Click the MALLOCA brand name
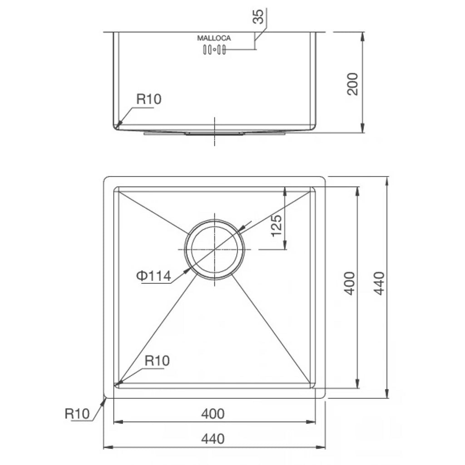pyautogui.click(x=214, y=38)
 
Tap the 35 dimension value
pyautogui.click(x=258, y=17)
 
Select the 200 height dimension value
pyautogui.click(x=352, y=84)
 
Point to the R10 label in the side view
pyautogui.click(x=149, y=99)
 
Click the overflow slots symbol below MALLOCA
pyautogui.click(x=214, y=49)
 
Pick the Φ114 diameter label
pyautogui.click(x=153, y=276)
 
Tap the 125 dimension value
pyautogui.click(x=277, y=225)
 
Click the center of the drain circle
pyautogui.click(x=214, y=249)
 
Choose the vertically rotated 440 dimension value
pyautogui.click(x=379, y=283)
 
